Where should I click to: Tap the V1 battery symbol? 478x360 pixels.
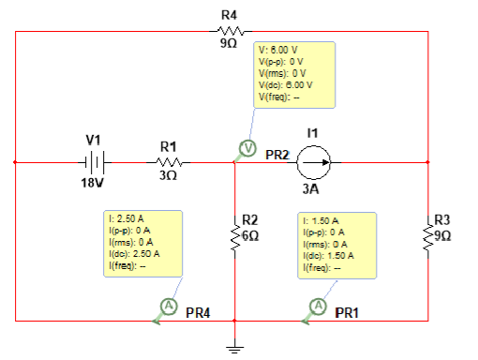pos(94,162)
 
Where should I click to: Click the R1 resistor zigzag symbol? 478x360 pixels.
pos(168,162)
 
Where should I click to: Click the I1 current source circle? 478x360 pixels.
pos(313,162)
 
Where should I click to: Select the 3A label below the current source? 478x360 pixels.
pos(312,188)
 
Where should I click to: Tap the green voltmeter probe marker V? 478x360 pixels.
pos(247,148)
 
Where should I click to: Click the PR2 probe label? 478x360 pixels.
pos(276,154)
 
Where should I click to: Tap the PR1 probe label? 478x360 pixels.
pos(347,312)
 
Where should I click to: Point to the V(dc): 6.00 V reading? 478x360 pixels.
pos(284,84)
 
